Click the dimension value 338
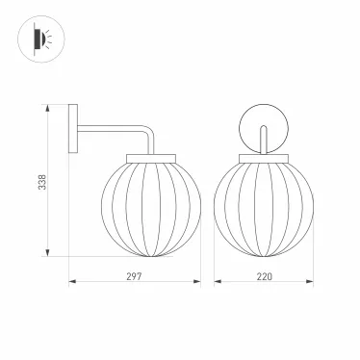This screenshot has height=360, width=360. [x=42, y=182]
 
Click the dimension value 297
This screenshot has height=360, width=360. [x=134, y=276]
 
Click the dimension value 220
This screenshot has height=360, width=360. [x=265, y=276]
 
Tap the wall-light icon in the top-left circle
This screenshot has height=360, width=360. [x=42, y=39]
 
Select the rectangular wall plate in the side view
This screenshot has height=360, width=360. [x=73, y=129]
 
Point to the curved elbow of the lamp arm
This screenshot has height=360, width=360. [x=148, y=131]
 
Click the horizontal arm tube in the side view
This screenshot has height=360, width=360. [x=110, y=129]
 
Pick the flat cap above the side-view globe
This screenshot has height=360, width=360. [x=151, y=159]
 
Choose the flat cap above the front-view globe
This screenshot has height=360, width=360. [x=264, y=159]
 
